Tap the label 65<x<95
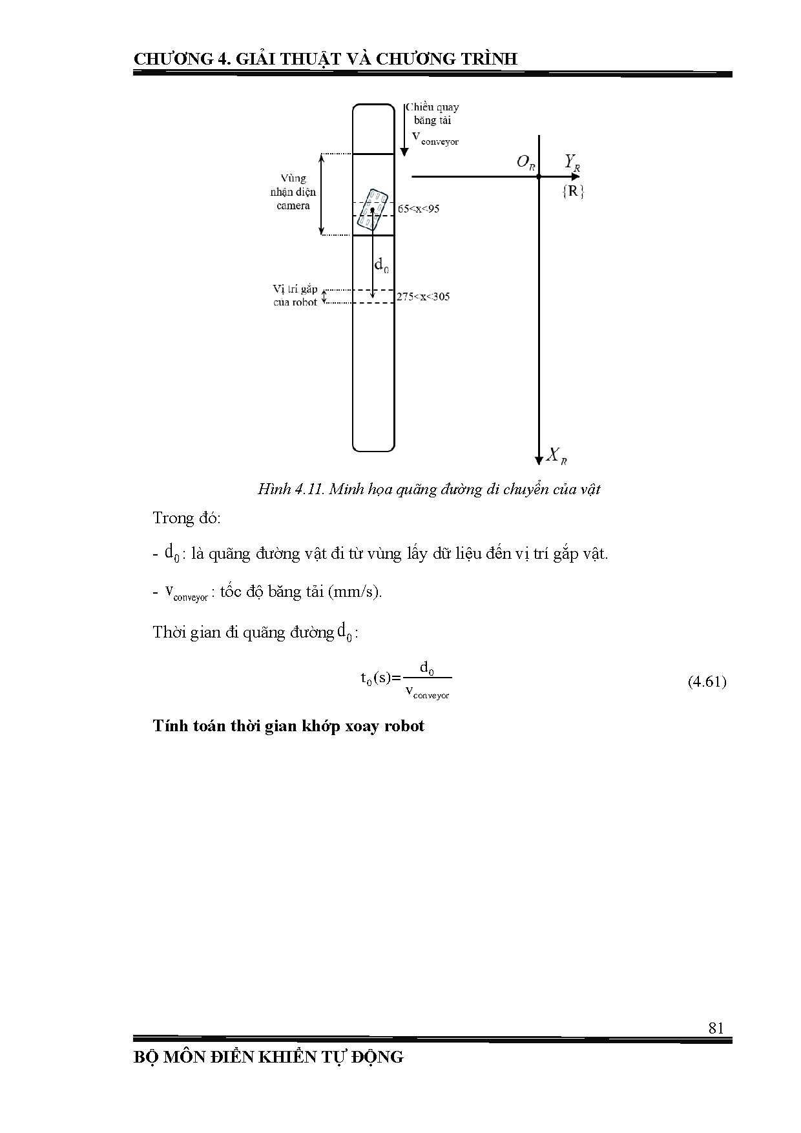click(418, 209)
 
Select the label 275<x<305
click(423, 296)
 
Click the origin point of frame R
click(539, 176)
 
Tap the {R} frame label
click(573, 191)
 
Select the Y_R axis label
click(572, 162)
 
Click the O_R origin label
click(526, 162)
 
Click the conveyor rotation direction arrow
click(404, 129)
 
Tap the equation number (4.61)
click(707, 681)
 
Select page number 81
click(716, 1028)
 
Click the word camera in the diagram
click(293, 205)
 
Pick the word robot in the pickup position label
click(305, 302)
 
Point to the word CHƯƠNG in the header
click(172, 59)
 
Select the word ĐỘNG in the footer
click(377, 1057)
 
